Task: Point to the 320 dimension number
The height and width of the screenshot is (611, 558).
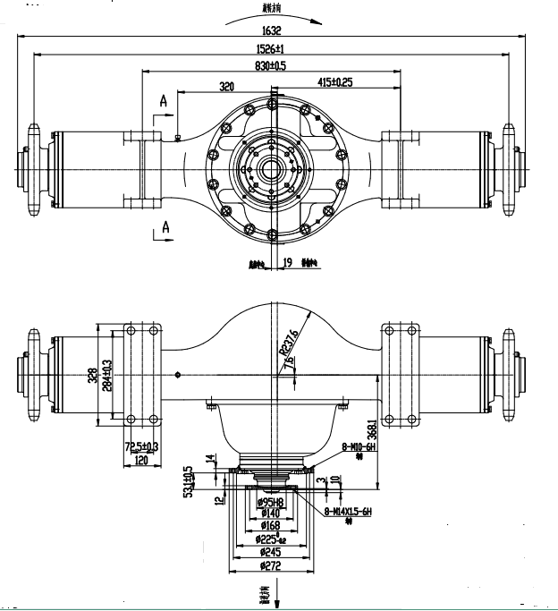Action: [x=228, y=86]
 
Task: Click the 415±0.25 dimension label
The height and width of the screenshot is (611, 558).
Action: [x=335, y=82]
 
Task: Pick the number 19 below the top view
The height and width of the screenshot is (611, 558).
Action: [x=287, y=263]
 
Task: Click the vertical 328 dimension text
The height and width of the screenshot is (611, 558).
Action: [x=92, y=376]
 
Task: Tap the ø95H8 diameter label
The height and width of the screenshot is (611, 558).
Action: [x=270, y=503]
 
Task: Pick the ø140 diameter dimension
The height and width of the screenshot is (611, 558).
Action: [x=270, y=514]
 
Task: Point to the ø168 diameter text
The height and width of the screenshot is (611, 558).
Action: [x=270, y=527]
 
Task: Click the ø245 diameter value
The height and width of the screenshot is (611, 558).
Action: [x=270, y=553]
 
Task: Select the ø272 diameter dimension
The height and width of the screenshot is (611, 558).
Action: [x=270, y=566]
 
